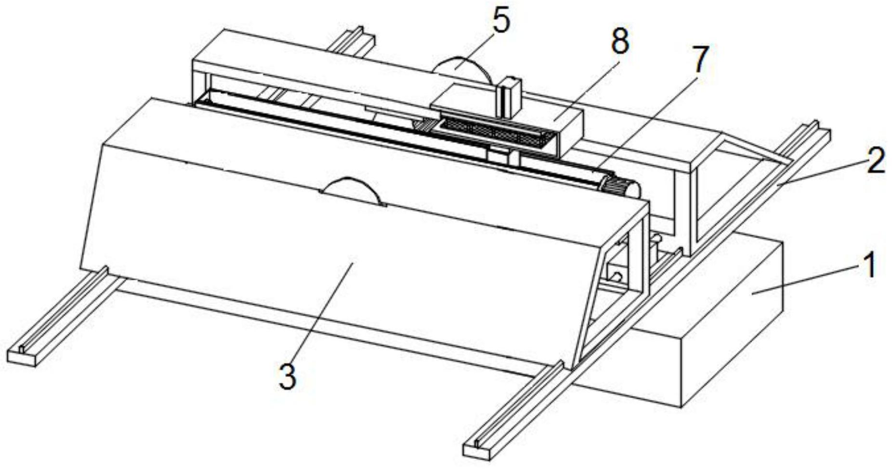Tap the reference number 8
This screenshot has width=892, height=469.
[x=620, y=42]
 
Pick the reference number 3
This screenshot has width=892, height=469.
[x=288, y=376]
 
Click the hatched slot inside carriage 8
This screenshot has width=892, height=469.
[x=496, y=131]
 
